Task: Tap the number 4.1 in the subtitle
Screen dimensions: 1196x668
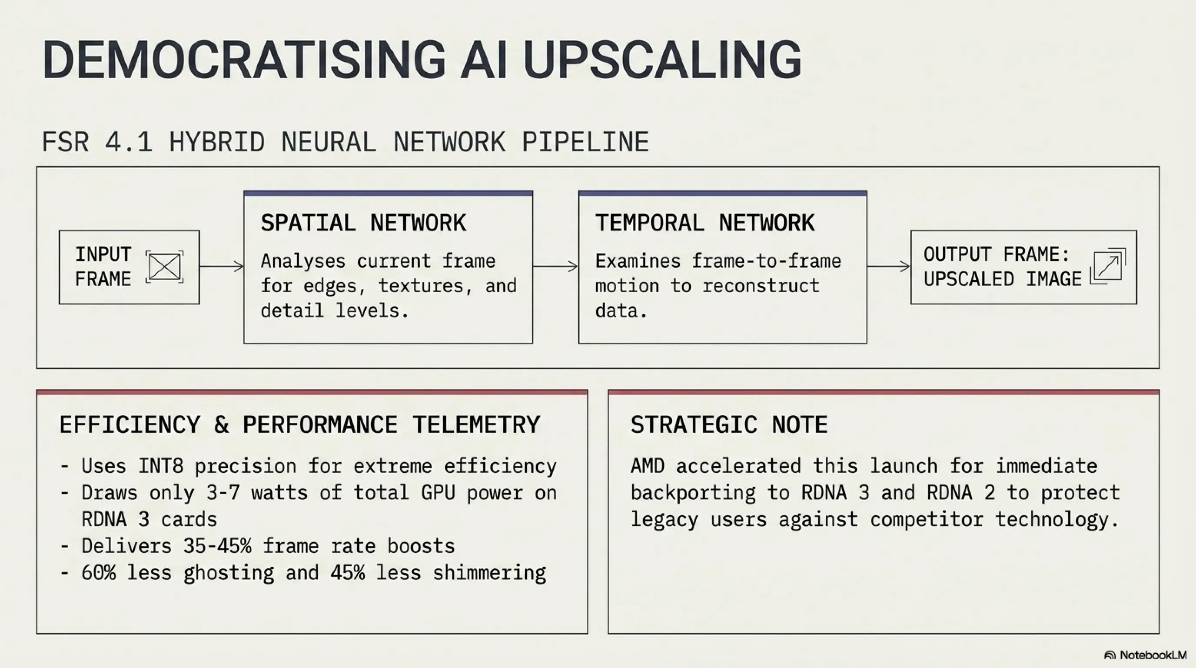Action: pos(129,142)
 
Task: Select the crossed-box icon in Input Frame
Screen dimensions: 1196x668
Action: pos(165,267)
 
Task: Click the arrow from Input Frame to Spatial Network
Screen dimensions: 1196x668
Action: pos(222,267)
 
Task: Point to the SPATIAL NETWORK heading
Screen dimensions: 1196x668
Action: pos(363,223)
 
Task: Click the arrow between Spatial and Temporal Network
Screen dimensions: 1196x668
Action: pos(555,267)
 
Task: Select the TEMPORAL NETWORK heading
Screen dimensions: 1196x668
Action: pos(705,223)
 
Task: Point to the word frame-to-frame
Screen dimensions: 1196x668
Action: pos(766,261)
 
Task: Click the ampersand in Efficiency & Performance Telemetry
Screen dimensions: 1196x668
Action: pos(222,424)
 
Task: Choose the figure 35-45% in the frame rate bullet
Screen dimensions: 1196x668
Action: pos(217,546)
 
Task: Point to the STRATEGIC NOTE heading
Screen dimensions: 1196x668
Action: pos(729,424)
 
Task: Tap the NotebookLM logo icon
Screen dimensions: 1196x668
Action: pos(1110,655)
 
